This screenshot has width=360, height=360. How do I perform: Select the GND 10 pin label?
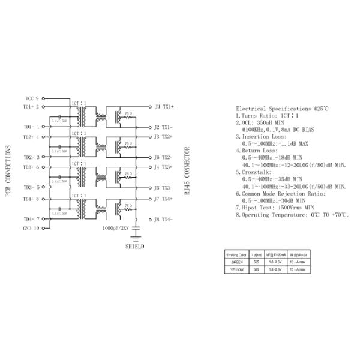(x=31, y=228)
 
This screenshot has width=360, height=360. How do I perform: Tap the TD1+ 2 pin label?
(x=31, y=107)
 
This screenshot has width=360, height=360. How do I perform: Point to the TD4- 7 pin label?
(x=31, y=219)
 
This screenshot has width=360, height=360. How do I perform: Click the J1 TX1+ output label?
(x=164, y=107)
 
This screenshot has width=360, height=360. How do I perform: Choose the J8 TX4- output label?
(x=164, y=219)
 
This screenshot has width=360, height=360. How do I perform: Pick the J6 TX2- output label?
(x=164, y=157)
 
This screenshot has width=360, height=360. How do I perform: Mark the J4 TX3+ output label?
(x=164, y=167)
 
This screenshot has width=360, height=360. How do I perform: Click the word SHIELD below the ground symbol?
(x=135, y=246)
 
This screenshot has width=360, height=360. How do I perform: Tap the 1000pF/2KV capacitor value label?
(x=116, y=229)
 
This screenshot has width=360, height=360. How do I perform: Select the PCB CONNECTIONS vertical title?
(x=8, y=173)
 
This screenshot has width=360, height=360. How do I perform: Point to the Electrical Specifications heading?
(x=282, y=109)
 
